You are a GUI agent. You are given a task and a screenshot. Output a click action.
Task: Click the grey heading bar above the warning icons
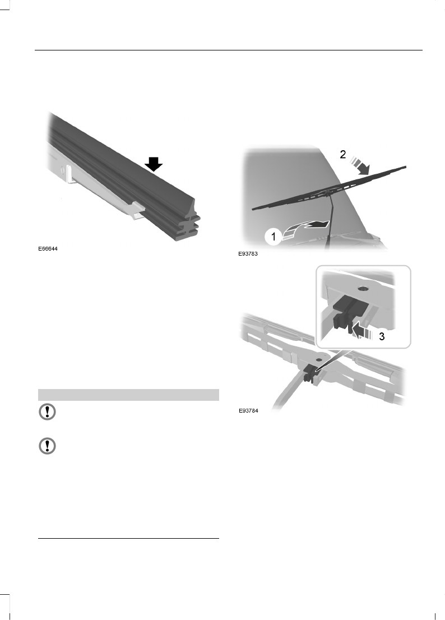(128, 395)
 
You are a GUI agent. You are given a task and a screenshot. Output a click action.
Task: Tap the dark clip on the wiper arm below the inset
(309, 372)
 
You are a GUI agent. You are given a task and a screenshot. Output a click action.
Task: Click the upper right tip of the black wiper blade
(406, 166)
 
